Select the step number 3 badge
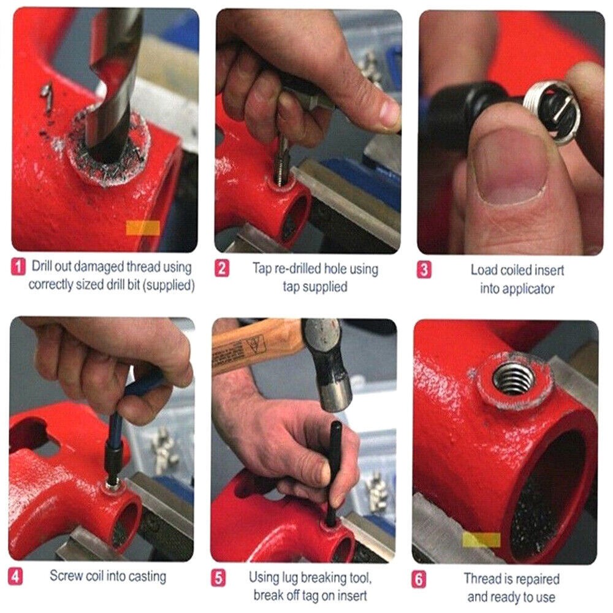coord(424,270)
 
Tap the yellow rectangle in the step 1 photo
coord(142,228)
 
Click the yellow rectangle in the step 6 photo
coord(481,539)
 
